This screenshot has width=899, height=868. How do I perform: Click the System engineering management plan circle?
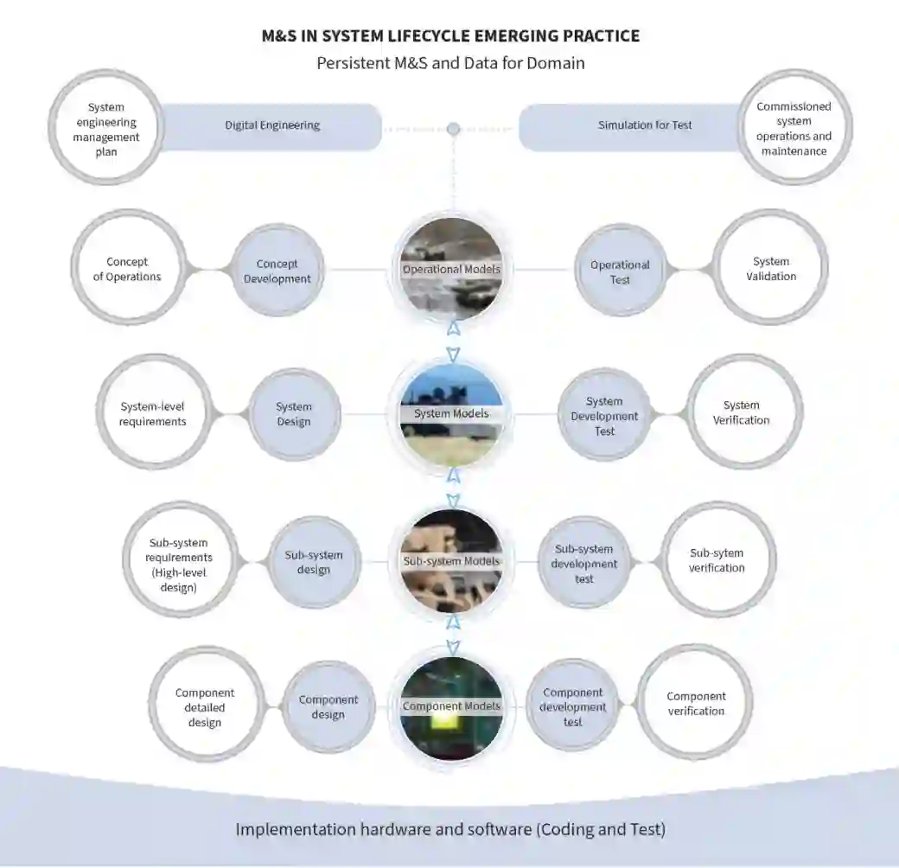coord(106,127)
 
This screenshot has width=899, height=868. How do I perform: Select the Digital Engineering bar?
coord(271,126)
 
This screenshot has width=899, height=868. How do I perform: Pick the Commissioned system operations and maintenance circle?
coord(794,128)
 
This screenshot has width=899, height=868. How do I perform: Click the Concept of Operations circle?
coord(128,269)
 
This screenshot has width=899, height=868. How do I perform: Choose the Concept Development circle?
coord(277,271)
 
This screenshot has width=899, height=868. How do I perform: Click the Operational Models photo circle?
coord(451,269)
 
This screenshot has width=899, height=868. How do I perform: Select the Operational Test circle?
coord(620,271)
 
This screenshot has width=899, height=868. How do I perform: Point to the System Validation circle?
coord(770,269)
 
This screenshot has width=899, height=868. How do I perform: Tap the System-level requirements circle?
coord(154,412)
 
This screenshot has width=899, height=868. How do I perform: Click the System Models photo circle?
coord(451,414)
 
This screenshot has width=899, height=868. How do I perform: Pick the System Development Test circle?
coord(604,415)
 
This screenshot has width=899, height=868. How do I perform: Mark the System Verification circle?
coord(742,412)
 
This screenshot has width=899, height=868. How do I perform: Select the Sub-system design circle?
coord(314,562)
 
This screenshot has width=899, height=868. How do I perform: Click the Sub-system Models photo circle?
coord(451,561)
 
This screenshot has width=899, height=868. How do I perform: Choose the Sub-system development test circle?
coord(584,563)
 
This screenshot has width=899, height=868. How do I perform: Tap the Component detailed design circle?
coord(206,706)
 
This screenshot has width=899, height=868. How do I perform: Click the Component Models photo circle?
coord(451,706)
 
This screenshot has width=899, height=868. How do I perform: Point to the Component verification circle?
coord(696,703)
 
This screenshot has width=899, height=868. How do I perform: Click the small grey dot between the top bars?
coord(453,129)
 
